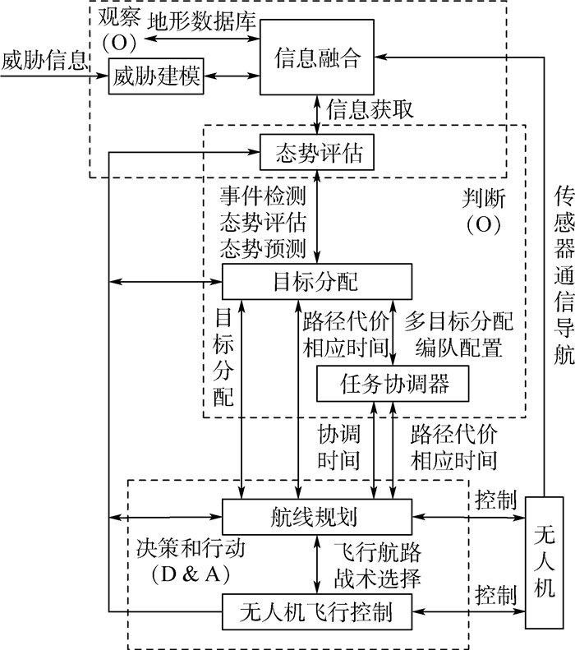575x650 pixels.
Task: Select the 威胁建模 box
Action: click(157, 76)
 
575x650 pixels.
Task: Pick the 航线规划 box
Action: click(316, 517)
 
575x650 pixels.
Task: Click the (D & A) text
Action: click(189, 574)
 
